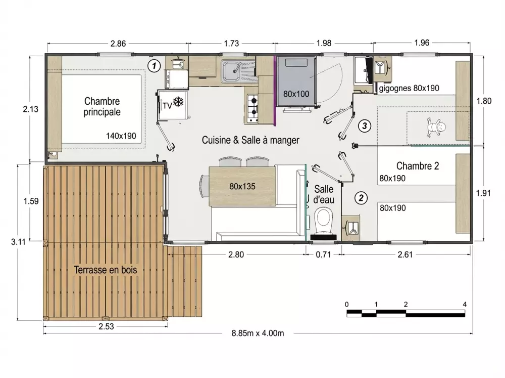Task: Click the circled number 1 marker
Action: (x=154, y=66)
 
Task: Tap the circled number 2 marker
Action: (x=361, y=198)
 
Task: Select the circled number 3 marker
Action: (x=365, y=125)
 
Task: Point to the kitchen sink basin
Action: (x=231, y=70)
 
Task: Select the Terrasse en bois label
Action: (x=106, y=270)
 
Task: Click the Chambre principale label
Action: (x=102, y=107)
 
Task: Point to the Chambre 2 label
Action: (x=418, y=166)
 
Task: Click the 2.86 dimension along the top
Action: (x=118, y=43)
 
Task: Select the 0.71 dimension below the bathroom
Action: (x=323, y=255)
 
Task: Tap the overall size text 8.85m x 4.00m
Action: (x=258, y=333)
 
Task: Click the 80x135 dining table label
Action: (x=242, y=186)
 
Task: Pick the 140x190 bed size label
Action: (x=121, y=136)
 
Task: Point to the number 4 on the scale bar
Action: (x=465, y=304)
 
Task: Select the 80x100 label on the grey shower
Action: (x=296, y=94)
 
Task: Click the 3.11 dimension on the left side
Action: (x=18, y=241)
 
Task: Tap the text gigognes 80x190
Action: (x=409, y=89)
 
